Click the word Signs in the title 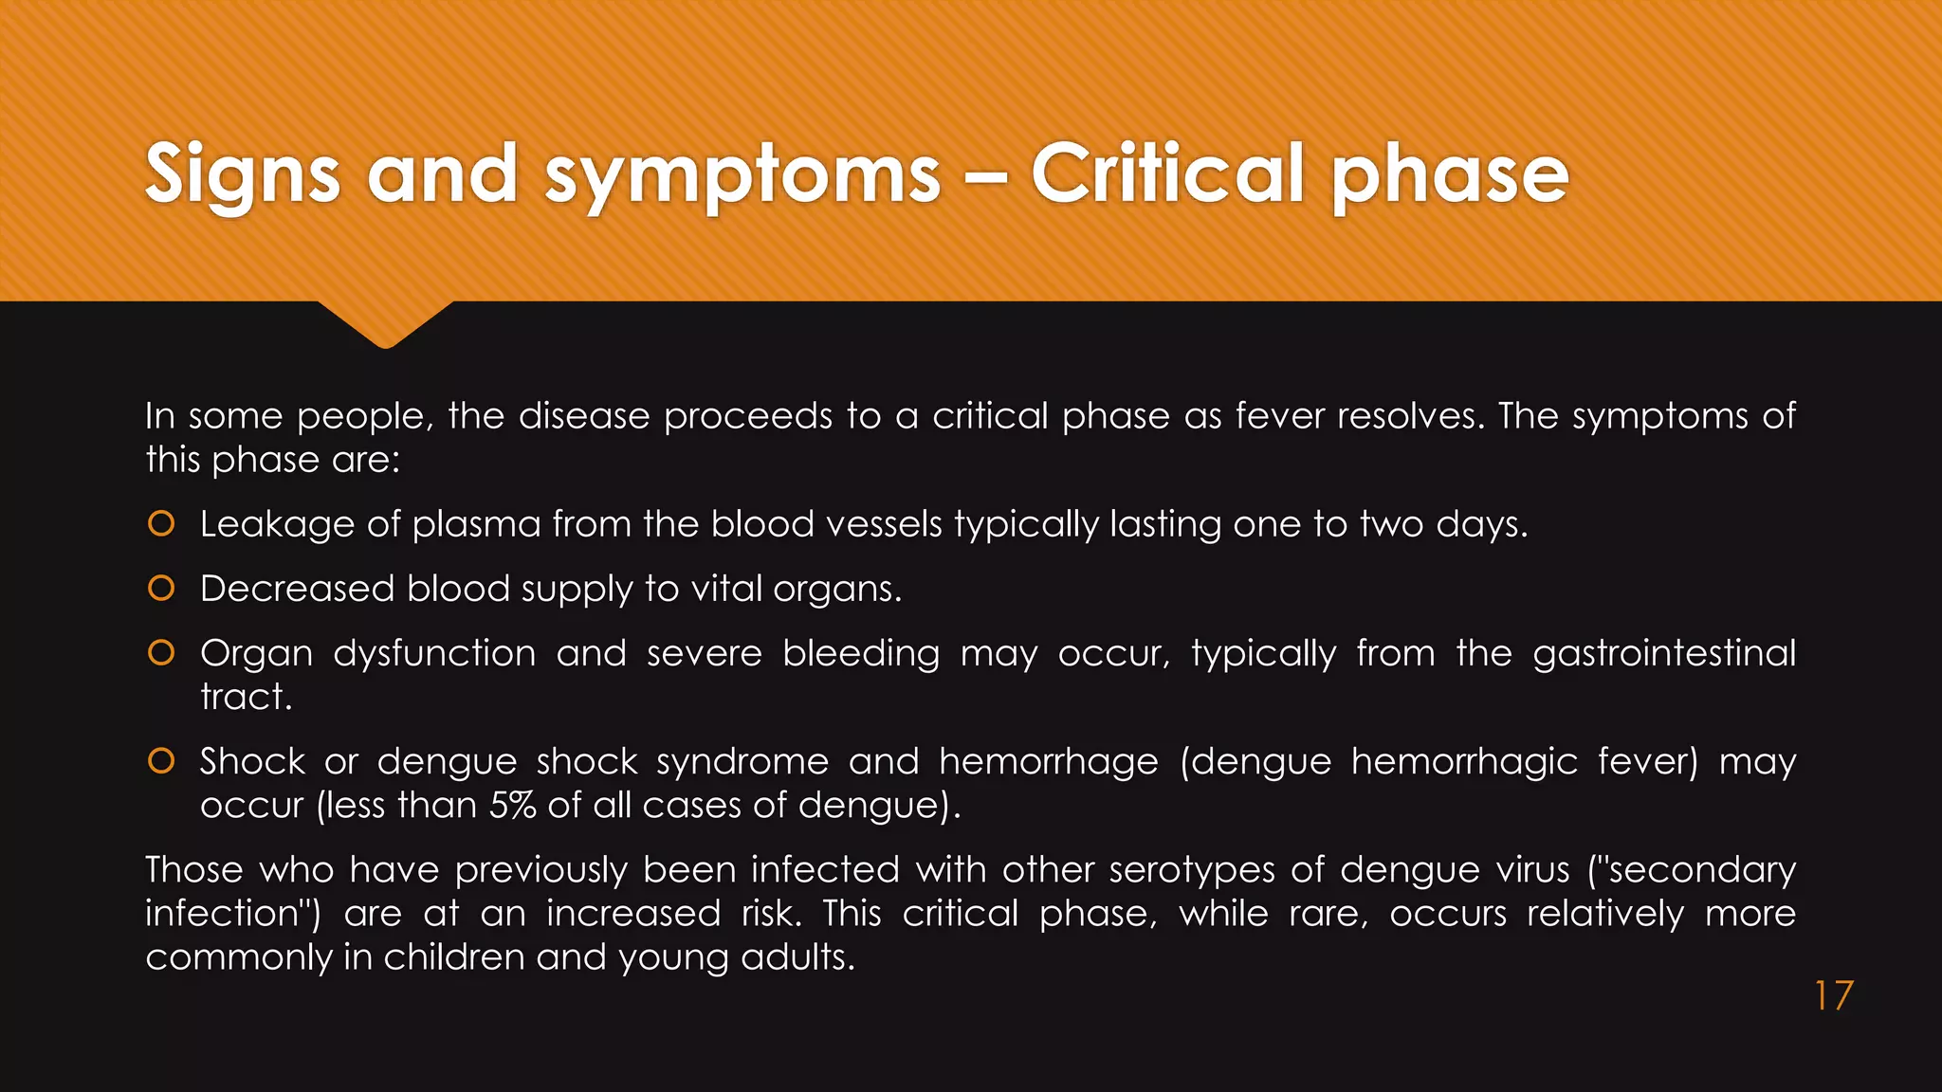click(243, 174)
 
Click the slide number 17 click(1833, 996)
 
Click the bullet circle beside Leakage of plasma click(162, 523)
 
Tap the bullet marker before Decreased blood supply click(162, 588)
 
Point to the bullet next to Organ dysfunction click(162, 652)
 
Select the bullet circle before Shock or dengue click(162, 760)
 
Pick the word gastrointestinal click(1663, 653)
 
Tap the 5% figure click(512, 805)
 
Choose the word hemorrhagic click(1464, 761)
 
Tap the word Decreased click(297, 589)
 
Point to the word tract click(246, 697)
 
